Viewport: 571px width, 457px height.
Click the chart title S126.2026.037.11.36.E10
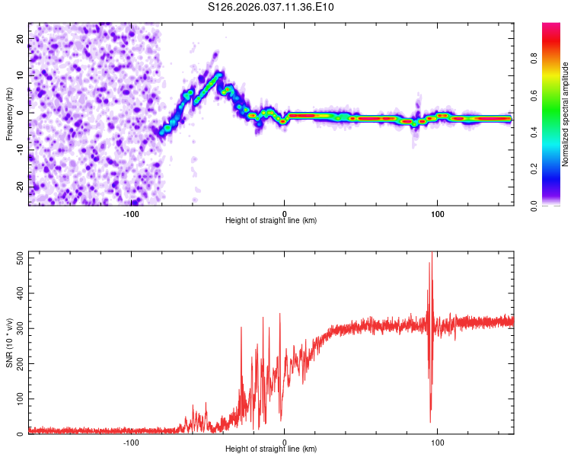pos(272,7)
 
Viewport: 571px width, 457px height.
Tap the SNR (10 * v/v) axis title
pos(9,343)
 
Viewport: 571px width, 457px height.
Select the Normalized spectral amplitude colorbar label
pos(566,114)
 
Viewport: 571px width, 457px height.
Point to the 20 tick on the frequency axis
pos(21,38)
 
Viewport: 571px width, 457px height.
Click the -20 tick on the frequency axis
pos(19,187)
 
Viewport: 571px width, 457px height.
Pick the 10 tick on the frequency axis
pos(21,75)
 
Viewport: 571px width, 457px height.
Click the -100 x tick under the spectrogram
pos(131,213)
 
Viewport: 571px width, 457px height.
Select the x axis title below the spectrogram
pos(272,221)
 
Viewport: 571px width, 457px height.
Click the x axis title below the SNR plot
pos(272,449)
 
